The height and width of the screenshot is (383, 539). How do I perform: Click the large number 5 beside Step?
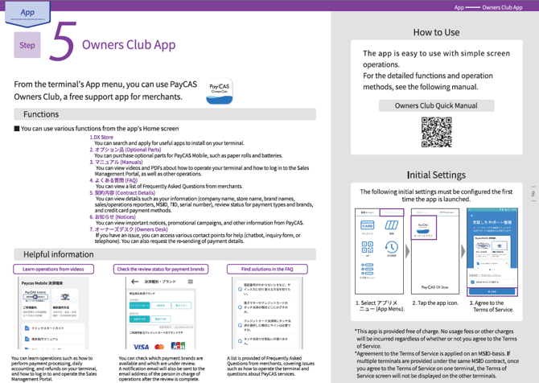tap(62, 43)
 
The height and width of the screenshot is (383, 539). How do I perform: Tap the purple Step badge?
tap(27, 45)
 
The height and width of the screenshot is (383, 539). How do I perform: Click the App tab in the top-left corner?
tap(27, 12)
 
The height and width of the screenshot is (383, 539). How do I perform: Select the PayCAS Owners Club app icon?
tap(220, 89)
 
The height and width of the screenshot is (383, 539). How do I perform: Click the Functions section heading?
tap(41, 114)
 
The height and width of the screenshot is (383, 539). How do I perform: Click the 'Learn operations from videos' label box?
tap(53, 270)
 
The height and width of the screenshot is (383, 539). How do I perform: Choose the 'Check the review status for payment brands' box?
tap(161, 270)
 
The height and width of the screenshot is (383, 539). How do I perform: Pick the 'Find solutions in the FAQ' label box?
tap(267, 270)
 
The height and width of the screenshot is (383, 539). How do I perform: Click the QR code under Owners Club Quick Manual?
tap(436, 133)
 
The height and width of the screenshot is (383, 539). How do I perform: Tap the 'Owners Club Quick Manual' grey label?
tap(436, 105)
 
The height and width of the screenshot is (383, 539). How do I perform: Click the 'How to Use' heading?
tap(436, 32)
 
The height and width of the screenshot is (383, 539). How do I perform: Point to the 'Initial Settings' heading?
tap(436, 175)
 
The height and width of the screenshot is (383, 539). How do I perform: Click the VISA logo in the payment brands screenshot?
tap(141, 347)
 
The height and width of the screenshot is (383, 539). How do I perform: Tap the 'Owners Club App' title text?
tap(129, 44)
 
